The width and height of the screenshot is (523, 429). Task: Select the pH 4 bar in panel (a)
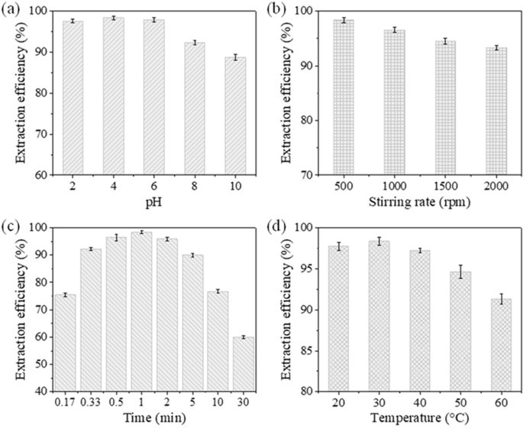click(114, 96)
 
